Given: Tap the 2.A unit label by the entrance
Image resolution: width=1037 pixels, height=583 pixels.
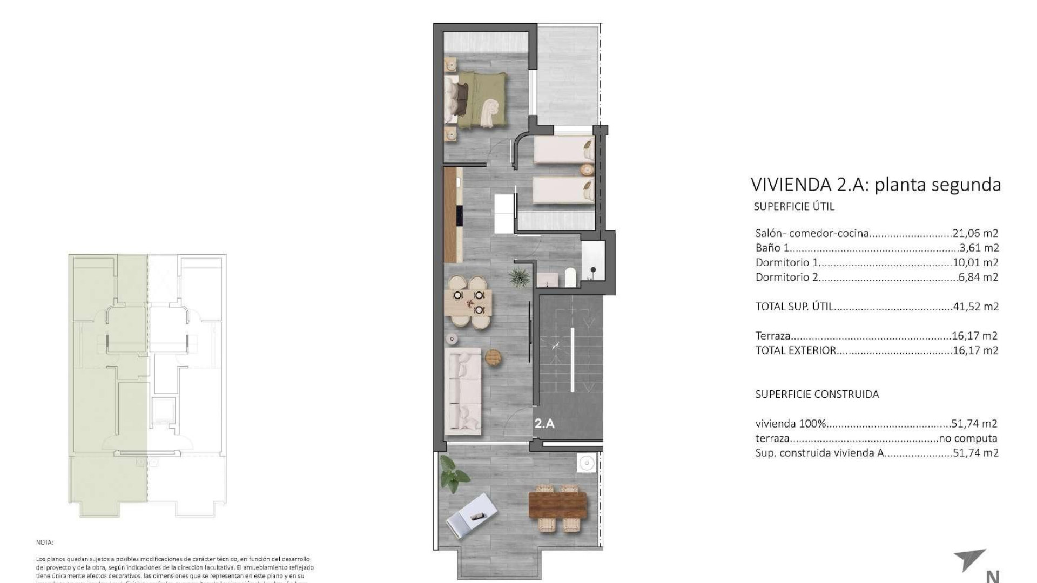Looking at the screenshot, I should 544,424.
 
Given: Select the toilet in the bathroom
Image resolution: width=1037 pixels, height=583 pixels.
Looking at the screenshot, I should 571,277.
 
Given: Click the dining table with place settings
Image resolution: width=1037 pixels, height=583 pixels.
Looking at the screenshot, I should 468,303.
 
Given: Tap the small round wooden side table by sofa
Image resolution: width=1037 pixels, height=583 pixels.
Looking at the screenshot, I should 493,357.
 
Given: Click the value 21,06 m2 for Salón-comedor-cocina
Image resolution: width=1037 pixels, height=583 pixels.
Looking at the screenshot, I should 975,233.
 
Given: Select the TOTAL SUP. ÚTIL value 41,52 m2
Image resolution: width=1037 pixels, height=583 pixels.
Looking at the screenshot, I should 975,307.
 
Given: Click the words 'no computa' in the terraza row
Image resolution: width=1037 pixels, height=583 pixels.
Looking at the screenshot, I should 968,438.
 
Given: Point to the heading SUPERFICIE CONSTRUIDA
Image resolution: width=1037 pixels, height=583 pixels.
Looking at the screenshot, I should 817,394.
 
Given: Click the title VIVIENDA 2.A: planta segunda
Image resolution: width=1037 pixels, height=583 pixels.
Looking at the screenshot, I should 876,185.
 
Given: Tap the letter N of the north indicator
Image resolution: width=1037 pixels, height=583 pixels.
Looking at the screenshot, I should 992,577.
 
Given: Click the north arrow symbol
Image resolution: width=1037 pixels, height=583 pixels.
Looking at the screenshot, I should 972,564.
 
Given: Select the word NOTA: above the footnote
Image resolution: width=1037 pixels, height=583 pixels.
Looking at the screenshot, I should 45,542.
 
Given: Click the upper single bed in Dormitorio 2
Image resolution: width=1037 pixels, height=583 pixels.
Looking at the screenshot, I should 563,150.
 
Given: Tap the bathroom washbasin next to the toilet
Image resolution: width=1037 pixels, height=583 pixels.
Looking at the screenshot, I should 548,280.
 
